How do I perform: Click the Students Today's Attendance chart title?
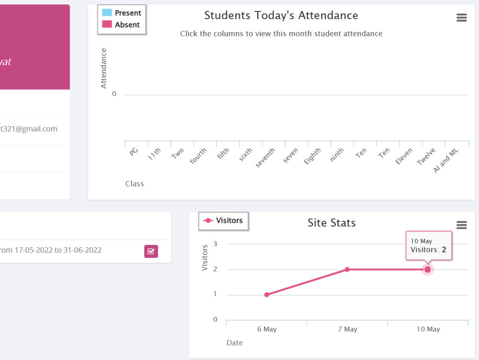[x=281, y=15]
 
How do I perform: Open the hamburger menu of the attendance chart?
[x=461, y=18]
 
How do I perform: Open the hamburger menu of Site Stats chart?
[x=461, y=225]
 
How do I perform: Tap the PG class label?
[x=134, y=151]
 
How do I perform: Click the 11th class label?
[x=154, y=153]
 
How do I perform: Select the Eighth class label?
[x=312, y=156]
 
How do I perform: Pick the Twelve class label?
[x=426, y=156]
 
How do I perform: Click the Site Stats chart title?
[x=331, y=223]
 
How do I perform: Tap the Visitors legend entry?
[x=224, y=221]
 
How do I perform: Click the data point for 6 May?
[x=267, y=294]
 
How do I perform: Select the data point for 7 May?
[x=347, y=269]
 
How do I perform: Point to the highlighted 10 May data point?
[x=428, y=269]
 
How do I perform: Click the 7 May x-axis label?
[x=347, y=329]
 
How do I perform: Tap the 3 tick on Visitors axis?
[x=215, y=244]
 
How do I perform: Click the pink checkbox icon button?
[x=151, y=251]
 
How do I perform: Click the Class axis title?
[x=135, y=184]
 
